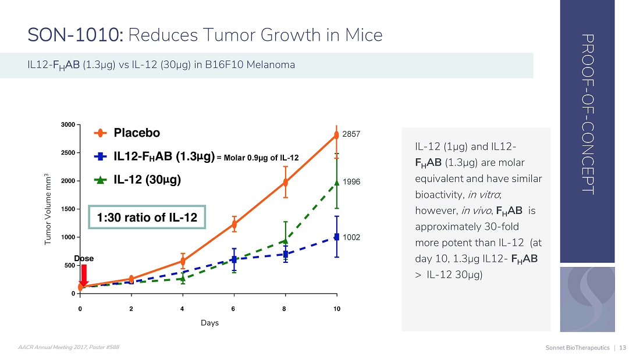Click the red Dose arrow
tap(83, 274)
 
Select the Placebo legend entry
tap(136, 133)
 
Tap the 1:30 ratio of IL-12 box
tap(147, 218)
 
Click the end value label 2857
tap(351, 134)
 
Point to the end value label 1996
tap(351, 182)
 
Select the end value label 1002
tap(351, 237)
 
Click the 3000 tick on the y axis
tap(68, 125)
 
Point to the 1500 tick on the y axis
tap(68, 209)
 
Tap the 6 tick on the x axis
tap(234, 308)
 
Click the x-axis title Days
tap(209, 323)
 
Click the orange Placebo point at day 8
tap(285, 182)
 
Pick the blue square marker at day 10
tap(337, 237)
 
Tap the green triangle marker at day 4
tap(183, 279)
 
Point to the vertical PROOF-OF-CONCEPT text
tap(587, 114)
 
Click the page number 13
tap(623, 348)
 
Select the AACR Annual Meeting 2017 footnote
tap(69, 347)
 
